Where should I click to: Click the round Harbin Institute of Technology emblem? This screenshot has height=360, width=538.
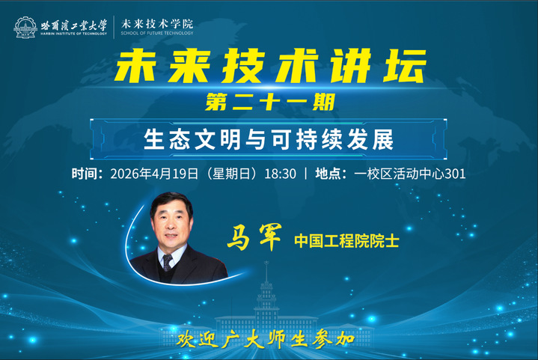tap(25, 28)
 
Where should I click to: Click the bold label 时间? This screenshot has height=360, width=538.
tap(86, 174)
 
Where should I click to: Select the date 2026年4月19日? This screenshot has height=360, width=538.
tap(153, 174)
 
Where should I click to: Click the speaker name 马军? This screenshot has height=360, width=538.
tap(254, 240)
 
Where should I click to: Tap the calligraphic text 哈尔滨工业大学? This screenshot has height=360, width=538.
tap(74, 24)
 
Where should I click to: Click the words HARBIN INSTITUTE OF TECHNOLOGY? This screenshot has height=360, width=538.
tap(74, 34)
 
